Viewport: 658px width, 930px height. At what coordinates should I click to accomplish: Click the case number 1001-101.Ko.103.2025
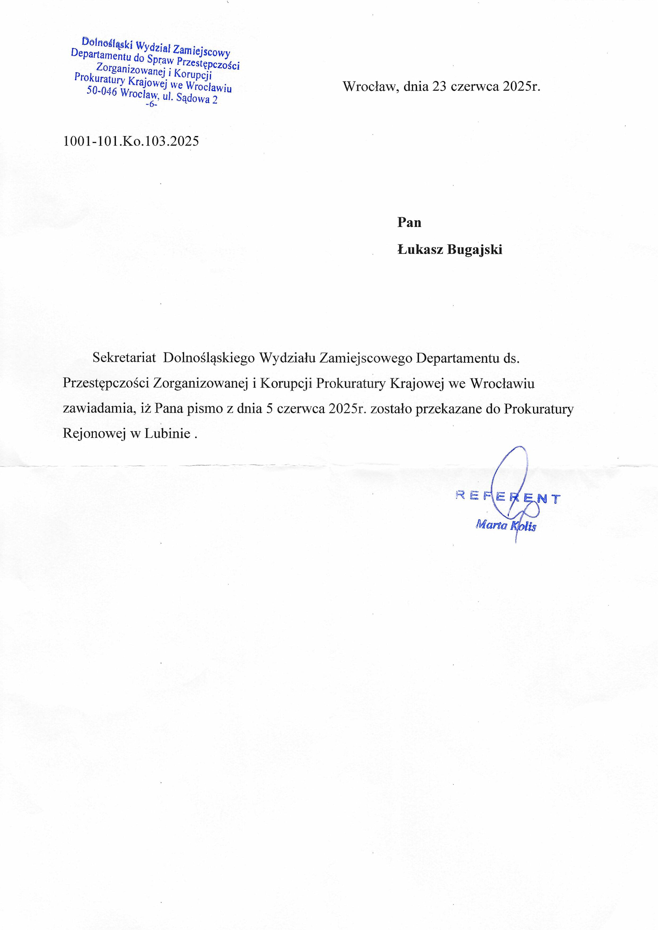(131, 141)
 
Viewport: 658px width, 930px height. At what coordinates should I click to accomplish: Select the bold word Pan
(409, 222)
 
